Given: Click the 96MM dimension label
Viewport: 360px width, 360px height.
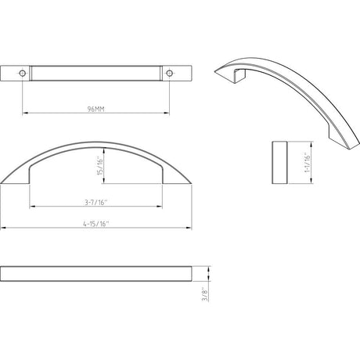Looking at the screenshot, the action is pos(95,109).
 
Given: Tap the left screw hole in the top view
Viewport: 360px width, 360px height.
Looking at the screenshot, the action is pos(23,73).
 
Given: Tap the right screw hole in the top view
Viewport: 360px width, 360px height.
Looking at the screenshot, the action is pos(169,73).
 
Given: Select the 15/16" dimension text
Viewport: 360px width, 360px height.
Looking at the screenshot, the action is pos(100,166).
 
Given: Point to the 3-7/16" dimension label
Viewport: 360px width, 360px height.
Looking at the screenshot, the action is pos(96,202).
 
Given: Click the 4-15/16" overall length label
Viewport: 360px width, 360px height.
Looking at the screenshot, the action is pos(95,224).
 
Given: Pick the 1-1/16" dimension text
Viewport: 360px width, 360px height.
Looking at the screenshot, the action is pos(308,162).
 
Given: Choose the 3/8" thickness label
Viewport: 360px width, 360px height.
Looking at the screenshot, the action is pos(205,295).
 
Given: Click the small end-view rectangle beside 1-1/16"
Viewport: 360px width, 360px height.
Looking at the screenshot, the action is pos(279,162).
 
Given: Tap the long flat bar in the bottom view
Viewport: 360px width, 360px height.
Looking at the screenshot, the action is pos(96,274).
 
